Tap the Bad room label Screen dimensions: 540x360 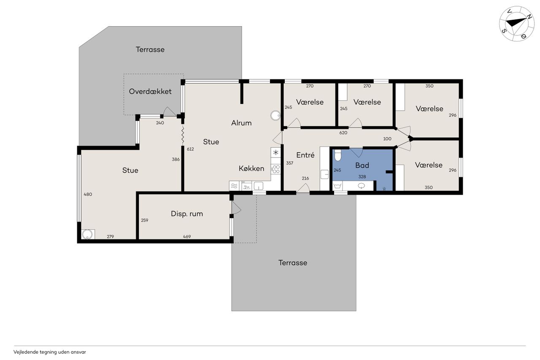[362, 165]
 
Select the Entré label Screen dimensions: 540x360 [305, 155]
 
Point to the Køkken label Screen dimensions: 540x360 [251, 168]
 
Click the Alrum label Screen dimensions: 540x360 [241, 123]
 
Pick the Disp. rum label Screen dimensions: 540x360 [187, 214]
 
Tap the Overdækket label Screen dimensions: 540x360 [150, 92]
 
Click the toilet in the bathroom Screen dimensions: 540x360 [338, 155]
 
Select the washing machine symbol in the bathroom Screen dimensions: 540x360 [338, 186]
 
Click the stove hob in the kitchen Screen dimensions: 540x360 [276, 169]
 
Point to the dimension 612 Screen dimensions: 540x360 [190, 149]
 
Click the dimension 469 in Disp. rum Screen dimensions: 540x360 [187, 236]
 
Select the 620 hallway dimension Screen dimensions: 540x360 [343, 133]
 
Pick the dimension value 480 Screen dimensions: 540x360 [88, 194]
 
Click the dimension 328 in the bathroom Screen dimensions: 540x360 [362, 177]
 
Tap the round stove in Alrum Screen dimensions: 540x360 [275, 116]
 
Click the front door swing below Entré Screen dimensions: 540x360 [303, 188]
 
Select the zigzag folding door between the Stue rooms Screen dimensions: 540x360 [183, 135]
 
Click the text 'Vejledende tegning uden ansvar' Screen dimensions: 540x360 [50, 352]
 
